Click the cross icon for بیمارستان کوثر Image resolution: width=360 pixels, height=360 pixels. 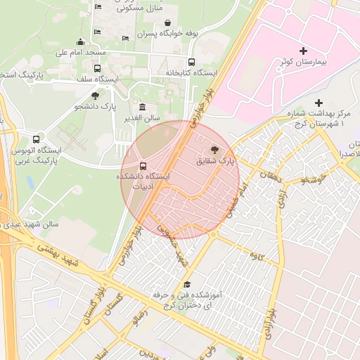303,51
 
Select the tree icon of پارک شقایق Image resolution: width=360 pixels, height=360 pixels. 214,150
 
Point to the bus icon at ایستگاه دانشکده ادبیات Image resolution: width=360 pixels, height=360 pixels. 143,167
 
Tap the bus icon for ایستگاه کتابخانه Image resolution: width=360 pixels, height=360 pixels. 192,62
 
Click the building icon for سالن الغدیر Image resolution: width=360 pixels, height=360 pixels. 143,107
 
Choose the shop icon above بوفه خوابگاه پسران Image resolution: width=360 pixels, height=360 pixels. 167,22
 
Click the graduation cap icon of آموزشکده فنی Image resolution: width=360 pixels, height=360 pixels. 187,284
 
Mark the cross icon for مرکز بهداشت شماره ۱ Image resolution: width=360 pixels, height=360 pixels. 319,103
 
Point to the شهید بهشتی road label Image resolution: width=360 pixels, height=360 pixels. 63,255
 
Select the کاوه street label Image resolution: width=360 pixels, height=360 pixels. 265,257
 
